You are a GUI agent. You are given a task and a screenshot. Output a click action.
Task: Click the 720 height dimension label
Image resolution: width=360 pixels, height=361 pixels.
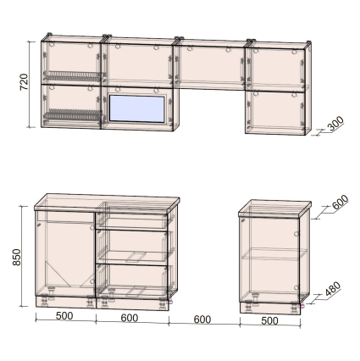24,82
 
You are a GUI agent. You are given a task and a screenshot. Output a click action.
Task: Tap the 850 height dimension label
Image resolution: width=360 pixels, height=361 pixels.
17,257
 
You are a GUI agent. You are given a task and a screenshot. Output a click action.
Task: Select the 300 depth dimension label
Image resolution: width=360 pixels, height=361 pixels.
336,124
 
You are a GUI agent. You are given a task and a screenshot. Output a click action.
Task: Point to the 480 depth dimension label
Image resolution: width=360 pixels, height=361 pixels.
333,289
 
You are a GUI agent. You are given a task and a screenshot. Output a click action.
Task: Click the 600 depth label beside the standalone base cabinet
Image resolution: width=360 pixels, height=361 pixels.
341,202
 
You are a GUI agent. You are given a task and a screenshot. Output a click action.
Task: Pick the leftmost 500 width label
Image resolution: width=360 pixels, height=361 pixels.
64,316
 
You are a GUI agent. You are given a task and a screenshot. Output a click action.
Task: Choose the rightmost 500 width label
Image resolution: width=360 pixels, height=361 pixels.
269,321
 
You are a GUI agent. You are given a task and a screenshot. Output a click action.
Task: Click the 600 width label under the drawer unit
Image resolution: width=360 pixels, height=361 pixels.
130,318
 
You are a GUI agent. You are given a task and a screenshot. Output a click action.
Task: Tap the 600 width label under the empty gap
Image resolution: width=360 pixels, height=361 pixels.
202,319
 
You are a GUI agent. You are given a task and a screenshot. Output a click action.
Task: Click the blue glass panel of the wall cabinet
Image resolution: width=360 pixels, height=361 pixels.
137,109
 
